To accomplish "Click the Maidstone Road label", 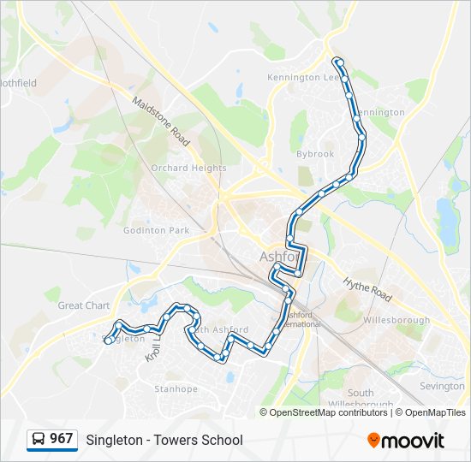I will coord(161,120).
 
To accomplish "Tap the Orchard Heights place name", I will coord(188,169).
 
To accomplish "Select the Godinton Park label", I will coord(156,231).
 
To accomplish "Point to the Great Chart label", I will coord(84,305).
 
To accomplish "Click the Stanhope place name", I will coord(176,389).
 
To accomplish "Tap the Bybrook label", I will coord(315,154).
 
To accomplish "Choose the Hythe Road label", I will coord(367,289).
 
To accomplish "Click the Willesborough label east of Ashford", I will coord(396,321).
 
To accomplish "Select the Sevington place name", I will coord(442,387).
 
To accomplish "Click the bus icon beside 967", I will coord(39,440).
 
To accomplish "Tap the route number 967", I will coord(61,439).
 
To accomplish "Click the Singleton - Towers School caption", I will coord(164,441).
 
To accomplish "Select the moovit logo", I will coord(406,441).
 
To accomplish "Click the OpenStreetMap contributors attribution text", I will coord(328,412).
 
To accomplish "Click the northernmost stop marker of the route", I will coord(339,62).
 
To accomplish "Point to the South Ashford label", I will coord(222,330).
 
